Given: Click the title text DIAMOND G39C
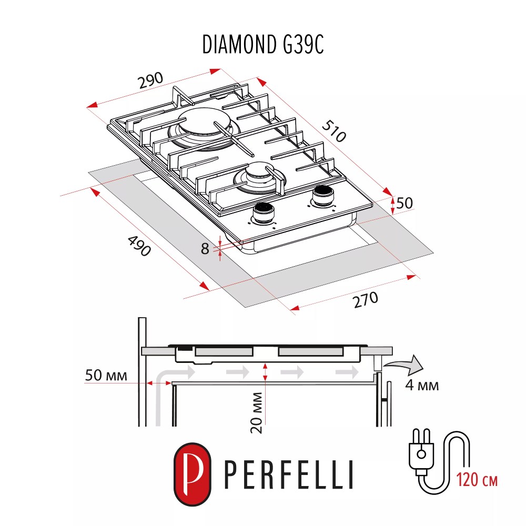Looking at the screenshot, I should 262,46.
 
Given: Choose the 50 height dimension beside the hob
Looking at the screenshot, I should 406,203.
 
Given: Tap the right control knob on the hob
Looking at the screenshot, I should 322,195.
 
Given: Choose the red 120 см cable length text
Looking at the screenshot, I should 477,480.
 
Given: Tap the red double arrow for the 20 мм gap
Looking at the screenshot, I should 266,372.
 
